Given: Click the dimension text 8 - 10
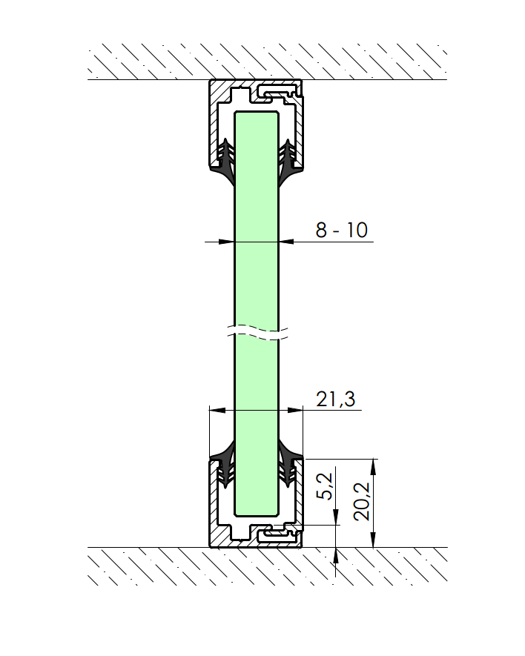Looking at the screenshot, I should coord(341,230).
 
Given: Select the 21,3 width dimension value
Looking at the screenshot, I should coord(335,399).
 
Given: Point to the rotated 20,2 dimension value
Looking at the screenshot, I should coord(363,502).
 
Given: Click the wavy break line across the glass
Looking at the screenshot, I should coord(257,331).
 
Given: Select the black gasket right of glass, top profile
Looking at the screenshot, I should coord(290,163).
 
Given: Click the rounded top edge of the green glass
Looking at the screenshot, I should coord(257,113).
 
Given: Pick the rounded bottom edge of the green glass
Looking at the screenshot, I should coord(257,514).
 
